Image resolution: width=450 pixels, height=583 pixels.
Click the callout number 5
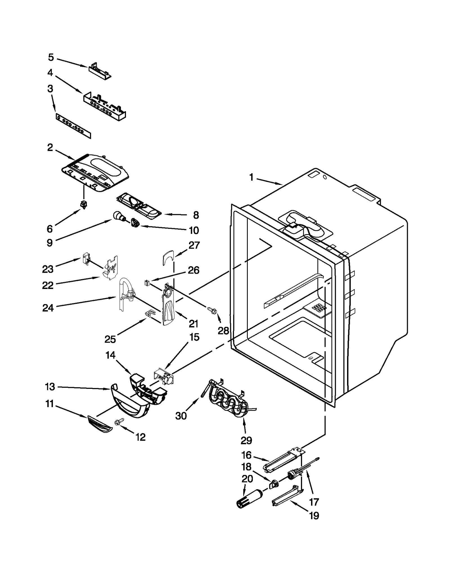coord(51,57)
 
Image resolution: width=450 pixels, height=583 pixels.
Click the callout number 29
coord(246,440)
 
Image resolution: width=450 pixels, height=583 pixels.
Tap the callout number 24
coord(48,308)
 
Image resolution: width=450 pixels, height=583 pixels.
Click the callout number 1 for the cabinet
coord(251,177)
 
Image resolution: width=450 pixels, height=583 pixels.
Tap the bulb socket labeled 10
coord(135,223)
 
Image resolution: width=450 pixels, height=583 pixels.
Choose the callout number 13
coord(50,387)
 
